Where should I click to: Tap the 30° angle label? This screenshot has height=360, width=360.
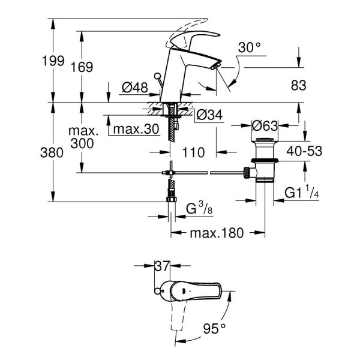pos(249,47)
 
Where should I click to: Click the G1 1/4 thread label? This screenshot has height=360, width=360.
pos(302,193)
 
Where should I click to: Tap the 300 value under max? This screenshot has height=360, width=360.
pos(82,143)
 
